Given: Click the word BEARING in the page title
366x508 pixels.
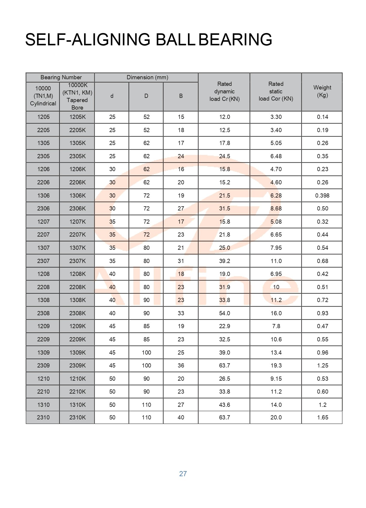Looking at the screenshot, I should click(235, 40).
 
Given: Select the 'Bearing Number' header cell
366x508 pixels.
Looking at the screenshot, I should click(61, 77).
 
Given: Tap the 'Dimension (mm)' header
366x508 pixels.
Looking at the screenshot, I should click(147, 77).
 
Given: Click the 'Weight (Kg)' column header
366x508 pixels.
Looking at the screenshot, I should click(322, 91).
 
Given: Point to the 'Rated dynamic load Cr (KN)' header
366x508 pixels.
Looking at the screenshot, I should click(224, 91).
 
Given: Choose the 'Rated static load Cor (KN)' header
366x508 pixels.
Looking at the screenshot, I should click(276, 91).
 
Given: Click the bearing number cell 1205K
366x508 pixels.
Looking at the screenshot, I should click(77, 117).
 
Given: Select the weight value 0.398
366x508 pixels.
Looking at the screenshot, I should click(322, 195).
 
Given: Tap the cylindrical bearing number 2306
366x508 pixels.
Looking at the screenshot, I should click(43, 208).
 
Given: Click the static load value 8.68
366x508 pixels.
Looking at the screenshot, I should click(276, 208).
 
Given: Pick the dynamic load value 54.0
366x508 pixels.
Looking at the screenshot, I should click(224, 313).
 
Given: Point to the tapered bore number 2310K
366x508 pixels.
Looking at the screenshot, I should click(77, 417).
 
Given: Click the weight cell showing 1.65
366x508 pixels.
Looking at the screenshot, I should click(322, 417).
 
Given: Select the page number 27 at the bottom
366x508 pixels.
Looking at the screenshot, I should click(183, 474).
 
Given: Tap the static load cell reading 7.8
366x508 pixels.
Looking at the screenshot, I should click(276, 326).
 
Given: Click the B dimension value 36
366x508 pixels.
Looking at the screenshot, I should click(181, 365).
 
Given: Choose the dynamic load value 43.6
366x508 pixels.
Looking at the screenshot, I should click(224, 405).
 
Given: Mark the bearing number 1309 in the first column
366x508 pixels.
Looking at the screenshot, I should click(43, 352).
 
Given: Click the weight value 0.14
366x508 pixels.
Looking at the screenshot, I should click(322, 117).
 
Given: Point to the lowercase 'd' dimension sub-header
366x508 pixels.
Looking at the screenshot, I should click(112, 96).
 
